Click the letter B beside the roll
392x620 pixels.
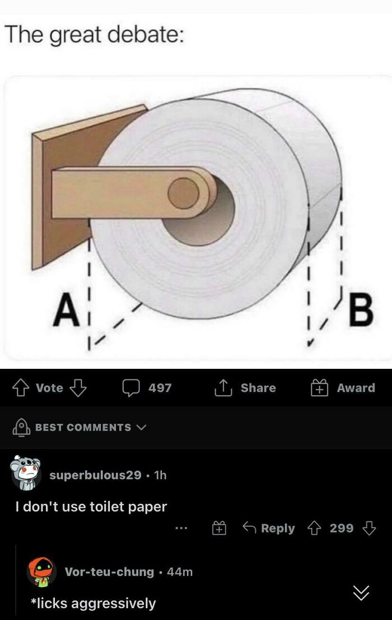point(361,311)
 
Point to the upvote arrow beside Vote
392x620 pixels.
point(22,388)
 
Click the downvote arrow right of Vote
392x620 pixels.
point(77,388)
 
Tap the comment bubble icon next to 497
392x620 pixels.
point(132,388)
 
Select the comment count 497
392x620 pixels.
point(160,388)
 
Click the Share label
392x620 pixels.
point(258,388)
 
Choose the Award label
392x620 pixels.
point(356,388)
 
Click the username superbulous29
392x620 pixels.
point(95,475)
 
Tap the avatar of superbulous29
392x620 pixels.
point(26,473)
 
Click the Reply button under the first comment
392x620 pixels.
point(269,528)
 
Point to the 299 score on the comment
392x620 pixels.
point(342,528)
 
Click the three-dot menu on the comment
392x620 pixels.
point(180,528)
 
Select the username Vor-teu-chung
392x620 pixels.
point(109,572)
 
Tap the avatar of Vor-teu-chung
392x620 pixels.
point(42,572)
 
